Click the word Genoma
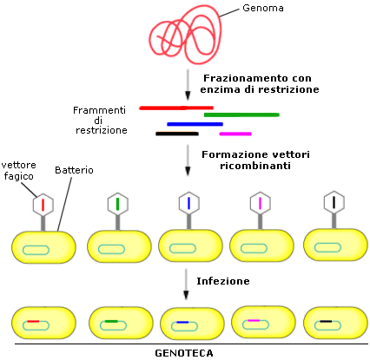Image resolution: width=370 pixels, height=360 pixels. coord(263,8)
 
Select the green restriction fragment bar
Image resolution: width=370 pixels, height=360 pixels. coord(241,115)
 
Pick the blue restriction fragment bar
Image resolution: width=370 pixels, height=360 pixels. coord(195,124)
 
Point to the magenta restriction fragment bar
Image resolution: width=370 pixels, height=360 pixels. coord(235,134)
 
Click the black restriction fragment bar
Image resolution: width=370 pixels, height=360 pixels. coord(177,134)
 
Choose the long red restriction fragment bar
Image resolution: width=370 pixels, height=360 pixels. coord(176,108)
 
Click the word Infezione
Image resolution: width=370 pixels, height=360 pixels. coord(223,281)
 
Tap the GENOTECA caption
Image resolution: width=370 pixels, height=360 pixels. coord(184,353)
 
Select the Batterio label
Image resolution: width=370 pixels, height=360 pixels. coord(74,170)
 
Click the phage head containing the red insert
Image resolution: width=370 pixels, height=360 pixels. coord(43,205)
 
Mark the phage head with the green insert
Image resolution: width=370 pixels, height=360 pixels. coord(118,204)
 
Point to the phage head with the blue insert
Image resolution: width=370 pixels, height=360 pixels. coord(188,203)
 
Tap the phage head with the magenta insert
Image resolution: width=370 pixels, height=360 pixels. coord(260,202)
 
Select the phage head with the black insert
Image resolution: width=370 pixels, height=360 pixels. coord(334,202)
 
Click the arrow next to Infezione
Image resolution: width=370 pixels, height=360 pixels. coord(186,285)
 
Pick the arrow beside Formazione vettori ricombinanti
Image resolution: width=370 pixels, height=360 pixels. coord(188,160)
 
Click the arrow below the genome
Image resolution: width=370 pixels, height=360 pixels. coord(188,84)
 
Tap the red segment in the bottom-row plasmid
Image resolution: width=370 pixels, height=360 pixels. coord(33,321)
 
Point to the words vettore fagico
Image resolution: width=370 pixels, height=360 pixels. coord(19,171)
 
